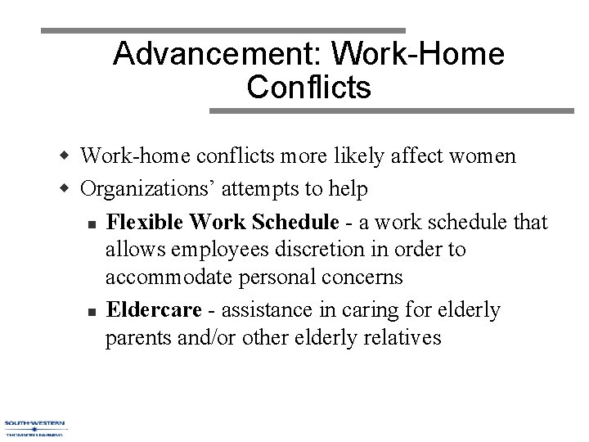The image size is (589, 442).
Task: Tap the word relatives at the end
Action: pyautogui.click(x=400, y=338)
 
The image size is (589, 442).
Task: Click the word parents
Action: pyautogui.click(x=137, y=338)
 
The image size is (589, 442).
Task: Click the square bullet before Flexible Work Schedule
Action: pyautogui.click(x=95, y=223)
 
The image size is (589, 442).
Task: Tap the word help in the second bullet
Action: pyautogui.click(x=349, y=189)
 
